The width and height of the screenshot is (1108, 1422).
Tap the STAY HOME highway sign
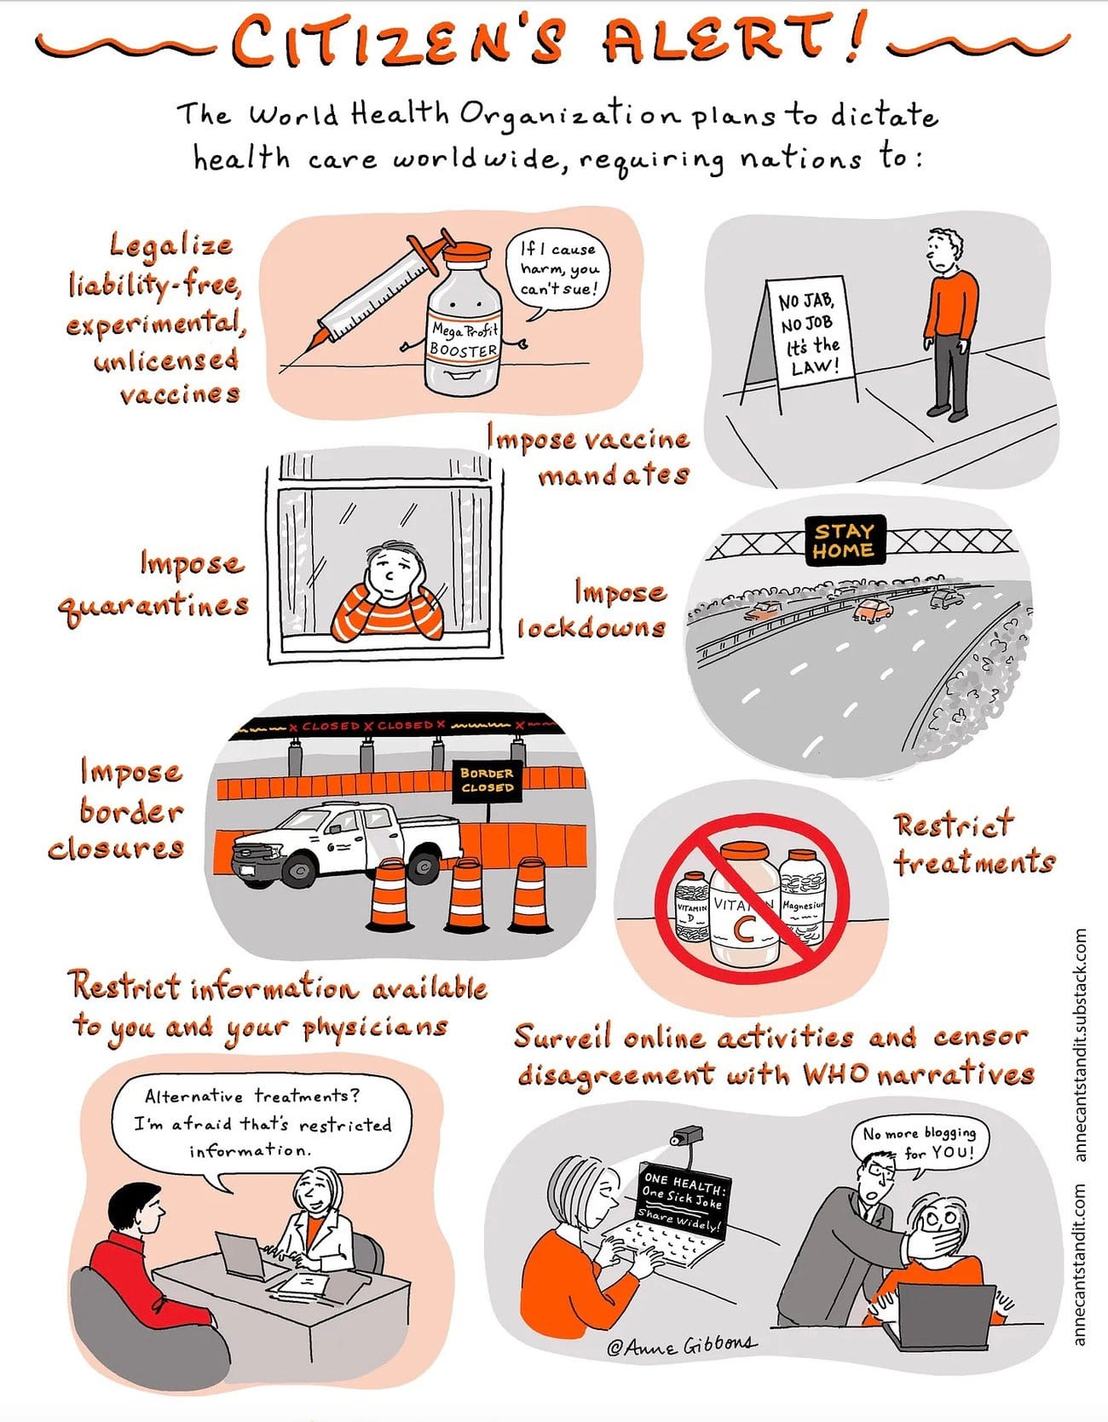tap(844, 540)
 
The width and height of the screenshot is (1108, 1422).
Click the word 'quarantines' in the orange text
tap(153, 606)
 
